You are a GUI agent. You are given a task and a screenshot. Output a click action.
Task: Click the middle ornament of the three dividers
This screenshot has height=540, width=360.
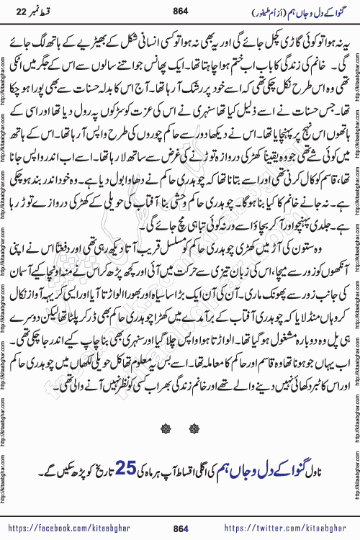tap(180, 426)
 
